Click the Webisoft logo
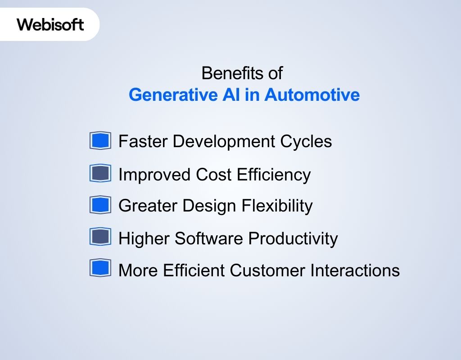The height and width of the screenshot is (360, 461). coord(50,24)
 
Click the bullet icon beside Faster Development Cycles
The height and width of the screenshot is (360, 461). coord(100,141)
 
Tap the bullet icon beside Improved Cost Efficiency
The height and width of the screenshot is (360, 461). coord(100,173)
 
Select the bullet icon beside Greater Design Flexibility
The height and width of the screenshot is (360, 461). coord(100,205)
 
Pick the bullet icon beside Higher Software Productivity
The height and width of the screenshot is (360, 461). coord(100,237)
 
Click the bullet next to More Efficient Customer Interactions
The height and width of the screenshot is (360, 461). coord(100,269)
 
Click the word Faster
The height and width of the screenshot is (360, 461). coord(143,141)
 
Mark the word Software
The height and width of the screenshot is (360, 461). coord(209,238)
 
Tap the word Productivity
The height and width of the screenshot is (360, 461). coord(293,238)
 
